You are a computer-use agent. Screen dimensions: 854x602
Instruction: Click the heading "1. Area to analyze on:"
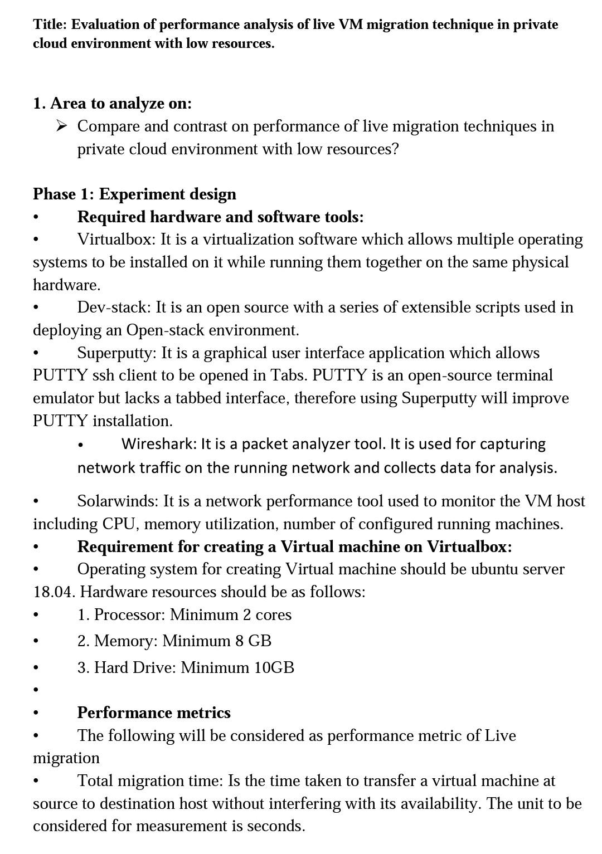tap(112, 103)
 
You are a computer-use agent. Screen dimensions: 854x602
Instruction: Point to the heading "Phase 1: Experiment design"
tap(134, 194)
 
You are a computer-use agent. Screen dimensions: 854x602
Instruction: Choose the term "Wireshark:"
tap(159, 444)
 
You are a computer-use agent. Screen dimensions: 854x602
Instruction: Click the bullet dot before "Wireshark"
tap(81, 445)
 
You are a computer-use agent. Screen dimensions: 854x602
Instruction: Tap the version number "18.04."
tap(54, 592)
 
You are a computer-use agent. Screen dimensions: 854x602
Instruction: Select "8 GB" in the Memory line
tap(253, 641)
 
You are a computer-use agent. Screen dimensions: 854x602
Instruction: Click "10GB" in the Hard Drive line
tap(274, 667)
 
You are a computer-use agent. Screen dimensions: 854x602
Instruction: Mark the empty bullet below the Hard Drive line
tap(36, 690)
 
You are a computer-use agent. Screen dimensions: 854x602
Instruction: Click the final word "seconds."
tap(276, 826)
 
